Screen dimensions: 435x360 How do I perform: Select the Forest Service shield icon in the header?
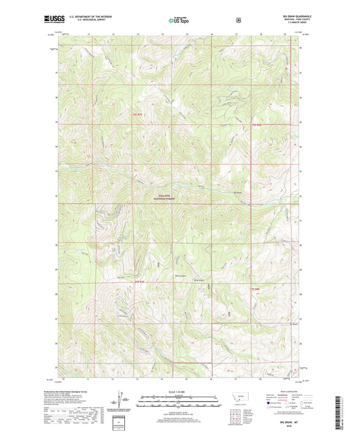(x=238, y=20)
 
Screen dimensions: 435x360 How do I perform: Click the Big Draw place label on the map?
(x=237, y=192)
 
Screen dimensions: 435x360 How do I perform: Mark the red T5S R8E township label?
(x=255, y=289)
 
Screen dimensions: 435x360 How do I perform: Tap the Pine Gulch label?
(x=198, y=276)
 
